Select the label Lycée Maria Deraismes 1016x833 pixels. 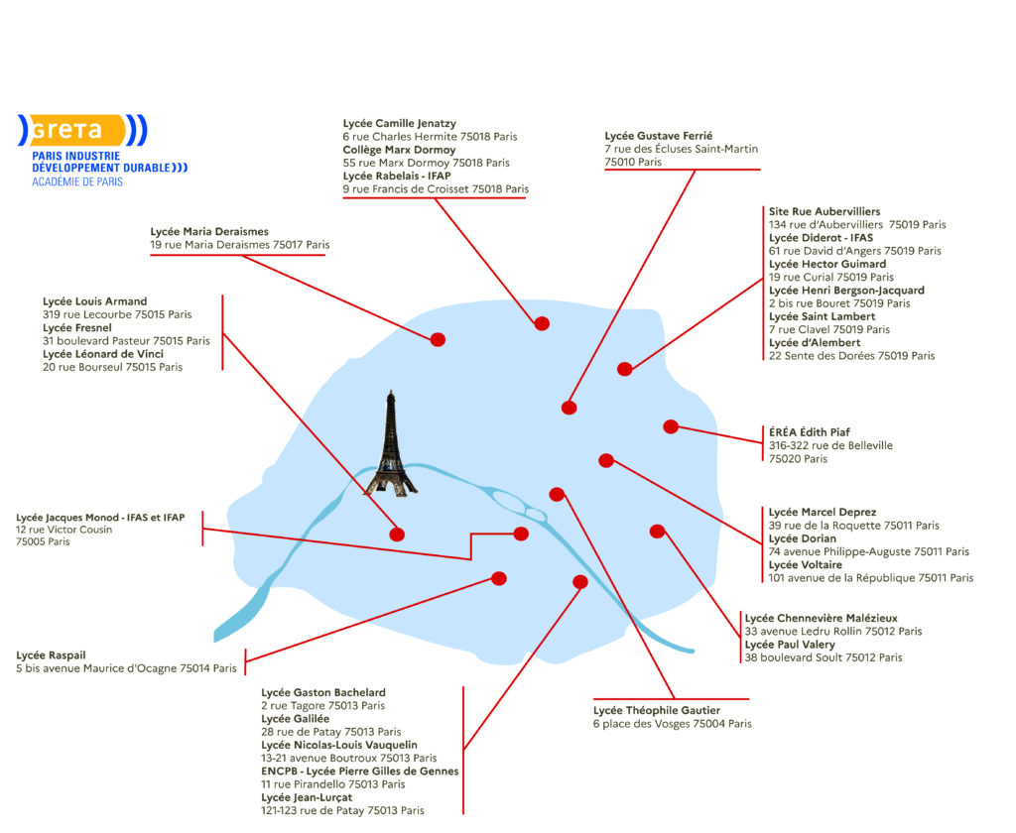click(209, 232)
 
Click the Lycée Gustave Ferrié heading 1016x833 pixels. click(659, 136)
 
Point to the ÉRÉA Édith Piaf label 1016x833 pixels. click(810, 432)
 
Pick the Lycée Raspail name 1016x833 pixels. click(51, 655)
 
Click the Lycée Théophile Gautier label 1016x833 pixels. click(657, 711)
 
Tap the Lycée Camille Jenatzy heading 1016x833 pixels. click(400, 124)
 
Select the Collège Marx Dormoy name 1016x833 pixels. click(399, 150)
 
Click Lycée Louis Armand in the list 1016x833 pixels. click(94, 301)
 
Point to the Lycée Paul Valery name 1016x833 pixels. click(790, 645)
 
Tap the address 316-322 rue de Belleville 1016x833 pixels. click(830, 445)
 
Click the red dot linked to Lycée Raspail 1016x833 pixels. click(499, 578)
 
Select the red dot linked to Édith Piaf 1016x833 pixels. click(671, 426)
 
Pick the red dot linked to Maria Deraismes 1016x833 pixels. click(438, 339)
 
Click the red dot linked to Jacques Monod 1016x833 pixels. click(521, 534)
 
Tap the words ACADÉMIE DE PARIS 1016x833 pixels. click(77, 182)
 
